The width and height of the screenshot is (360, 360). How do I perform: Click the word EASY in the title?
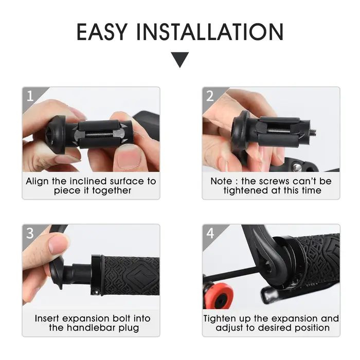(102, 32)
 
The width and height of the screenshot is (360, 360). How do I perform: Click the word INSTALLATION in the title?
(210, 32)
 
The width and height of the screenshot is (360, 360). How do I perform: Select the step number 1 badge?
(30, 96)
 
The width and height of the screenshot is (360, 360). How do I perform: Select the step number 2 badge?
(210, 96)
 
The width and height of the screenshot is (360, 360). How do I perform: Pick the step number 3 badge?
(30, 233)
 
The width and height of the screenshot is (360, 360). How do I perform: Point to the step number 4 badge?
(210, 233)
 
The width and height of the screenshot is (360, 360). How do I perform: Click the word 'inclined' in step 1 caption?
(88, 181)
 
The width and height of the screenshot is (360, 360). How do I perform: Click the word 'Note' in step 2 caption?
(221, 181)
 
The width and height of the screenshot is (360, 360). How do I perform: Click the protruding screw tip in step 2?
(313, 132)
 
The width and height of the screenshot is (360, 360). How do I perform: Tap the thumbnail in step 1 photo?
(129, 158)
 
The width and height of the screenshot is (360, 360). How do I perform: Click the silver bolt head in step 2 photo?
(298, 167)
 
